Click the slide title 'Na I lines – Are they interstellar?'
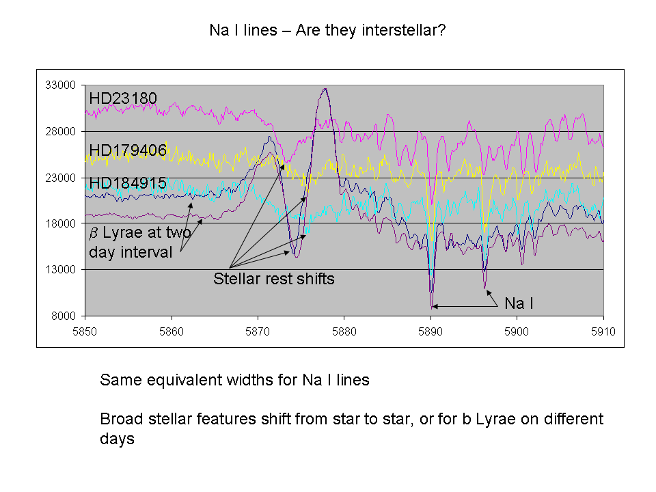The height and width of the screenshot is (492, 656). (x=327, y=31)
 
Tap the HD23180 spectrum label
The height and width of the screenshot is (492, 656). (x=123, y=98)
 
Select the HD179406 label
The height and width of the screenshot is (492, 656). (x=128, y=150)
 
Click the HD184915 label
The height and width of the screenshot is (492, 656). (x=128, y=183)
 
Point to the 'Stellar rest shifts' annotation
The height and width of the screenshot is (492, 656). (x=274, y=279)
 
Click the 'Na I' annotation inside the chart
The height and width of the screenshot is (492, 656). (x=519, y=303)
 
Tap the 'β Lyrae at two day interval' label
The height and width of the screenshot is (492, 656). (x=140, y=242)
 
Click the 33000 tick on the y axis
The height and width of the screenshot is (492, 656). (x=61, y=85)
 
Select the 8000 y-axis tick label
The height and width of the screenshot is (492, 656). (x=64, y=316)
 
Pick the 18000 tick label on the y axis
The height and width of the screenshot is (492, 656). (x=61, y=223)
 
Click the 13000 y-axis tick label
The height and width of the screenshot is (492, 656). (x=61, y=269)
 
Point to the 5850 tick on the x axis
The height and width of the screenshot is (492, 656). (x=85, y=332)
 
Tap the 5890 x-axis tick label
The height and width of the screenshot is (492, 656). (x=430, y=332)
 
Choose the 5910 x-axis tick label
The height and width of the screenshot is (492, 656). (x=603, y=332)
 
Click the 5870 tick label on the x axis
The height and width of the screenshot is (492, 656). (x=258, y=332)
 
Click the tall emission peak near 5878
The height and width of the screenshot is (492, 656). (x=325, y=89)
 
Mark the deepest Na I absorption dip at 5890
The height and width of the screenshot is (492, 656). (x=432, y=307)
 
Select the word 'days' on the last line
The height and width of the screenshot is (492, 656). (x=117, y=439)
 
